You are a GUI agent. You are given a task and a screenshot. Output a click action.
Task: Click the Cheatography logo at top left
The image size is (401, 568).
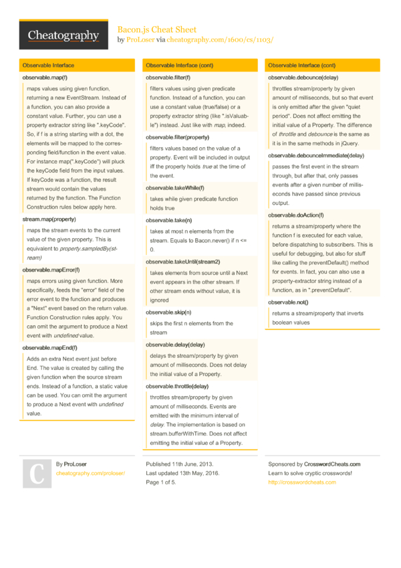[x=64, y=35]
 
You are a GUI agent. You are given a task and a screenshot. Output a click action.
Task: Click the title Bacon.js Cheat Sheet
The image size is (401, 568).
[x=157, y=29]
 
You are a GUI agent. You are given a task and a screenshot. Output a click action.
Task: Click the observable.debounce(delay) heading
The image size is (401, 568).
[x=304, y=78]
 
